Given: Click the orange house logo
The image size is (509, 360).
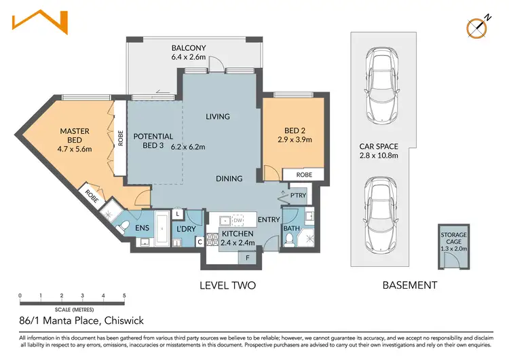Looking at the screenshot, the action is tap(40, 22).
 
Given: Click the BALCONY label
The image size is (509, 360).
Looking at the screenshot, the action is tap(189, 48).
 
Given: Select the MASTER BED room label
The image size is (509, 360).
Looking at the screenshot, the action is tap(75, 135).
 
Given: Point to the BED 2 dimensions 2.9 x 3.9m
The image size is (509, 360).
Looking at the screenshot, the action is tap(295, 140).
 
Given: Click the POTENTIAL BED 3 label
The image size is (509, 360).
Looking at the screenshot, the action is tap(153, 141).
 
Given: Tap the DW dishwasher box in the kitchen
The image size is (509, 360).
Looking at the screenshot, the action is tap(238, 220).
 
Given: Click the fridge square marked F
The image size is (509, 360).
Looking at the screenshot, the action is tap(247, 258).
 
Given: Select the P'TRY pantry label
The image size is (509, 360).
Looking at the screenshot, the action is tap(298, 195).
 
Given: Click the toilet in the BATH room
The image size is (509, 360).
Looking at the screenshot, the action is tap(288, 240).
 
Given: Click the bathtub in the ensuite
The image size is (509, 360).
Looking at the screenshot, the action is tap(162, 229).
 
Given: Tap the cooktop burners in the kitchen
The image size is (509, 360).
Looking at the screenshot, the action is tap(212, 240).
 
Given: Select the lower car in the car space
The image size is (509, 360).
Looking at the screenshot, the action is tap(381, 215).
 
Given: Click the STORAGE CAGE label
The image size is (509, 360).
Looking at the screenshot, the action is tap(453, 238).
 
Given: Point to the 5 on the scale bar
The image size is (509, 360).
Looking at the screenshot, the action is tap(124, 295).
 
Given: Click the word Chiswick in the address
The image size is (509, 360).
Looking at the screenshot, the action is tap(124, 321).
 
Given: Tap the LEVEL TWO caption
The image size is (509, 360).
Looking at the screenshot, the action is tap(227, 285).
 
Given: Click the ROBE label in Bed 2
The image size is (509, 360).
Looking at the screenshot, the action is tap(304, 175).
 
